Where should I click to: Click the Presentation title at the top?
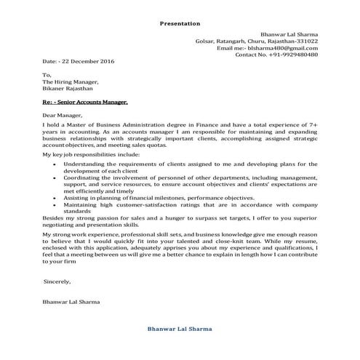pos(180,23)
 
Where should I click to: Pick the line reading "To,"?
pos(47,75)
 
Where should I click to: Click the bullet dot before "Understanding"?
pos(57,164)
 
